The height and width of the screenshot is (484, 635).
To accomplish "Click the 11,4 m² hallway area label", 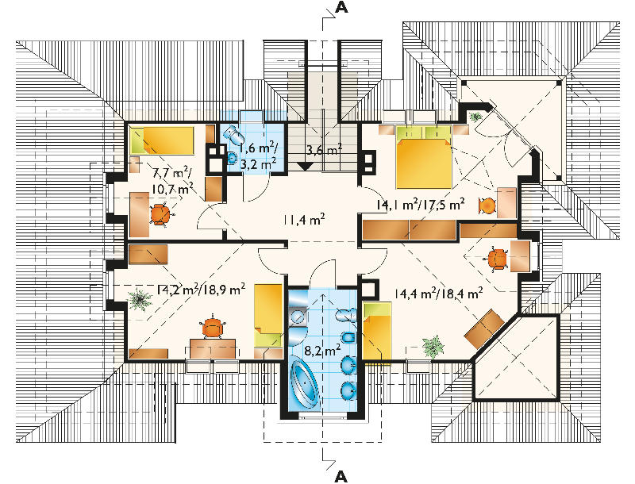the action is [x=304, y=220].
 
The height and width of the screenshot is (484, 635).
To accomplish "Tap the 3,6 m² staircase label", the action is [x=323, y=150].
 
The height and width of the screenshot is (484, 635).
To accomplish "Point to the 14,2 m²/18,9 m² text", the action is [x=201, y=289].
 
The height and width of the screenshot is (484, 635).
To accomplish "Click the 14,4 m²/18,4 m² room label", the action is [x=438, y=293].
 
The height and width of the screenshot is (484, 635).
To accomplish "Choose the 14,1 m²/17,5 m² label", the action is [x=421, y=205].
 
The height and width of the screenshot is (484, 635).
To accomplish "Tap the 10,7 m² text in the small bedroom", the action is [x=172, y=188].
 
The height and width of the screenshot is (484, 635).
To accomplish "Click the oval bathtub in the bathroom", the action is [x=306, y=381].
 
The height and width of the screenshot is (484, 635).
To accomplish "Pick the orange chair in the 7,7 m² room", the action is [x=160, y=214].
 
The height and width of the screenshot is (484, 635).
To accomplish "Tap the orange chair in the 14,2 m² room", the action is [x=212, y=327].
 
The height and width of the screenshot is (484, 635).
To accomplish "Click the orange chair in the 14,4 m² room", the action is [x=498, y=259].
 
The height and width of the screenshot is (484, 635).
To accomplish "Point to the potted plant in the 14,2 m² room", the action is [x=140, y=299].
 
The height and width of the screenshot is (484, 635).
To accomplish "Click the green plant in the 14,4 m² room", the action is [x=433, y=346].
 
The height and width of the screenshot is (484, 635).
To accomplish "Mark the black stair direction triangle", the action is [x=305, y=166].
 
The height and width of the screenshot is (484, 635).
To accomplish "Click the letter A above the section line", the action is [x=341, y=9].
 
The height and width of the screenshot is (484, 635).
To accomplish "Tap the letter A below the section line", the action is [x=341, y=477].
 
